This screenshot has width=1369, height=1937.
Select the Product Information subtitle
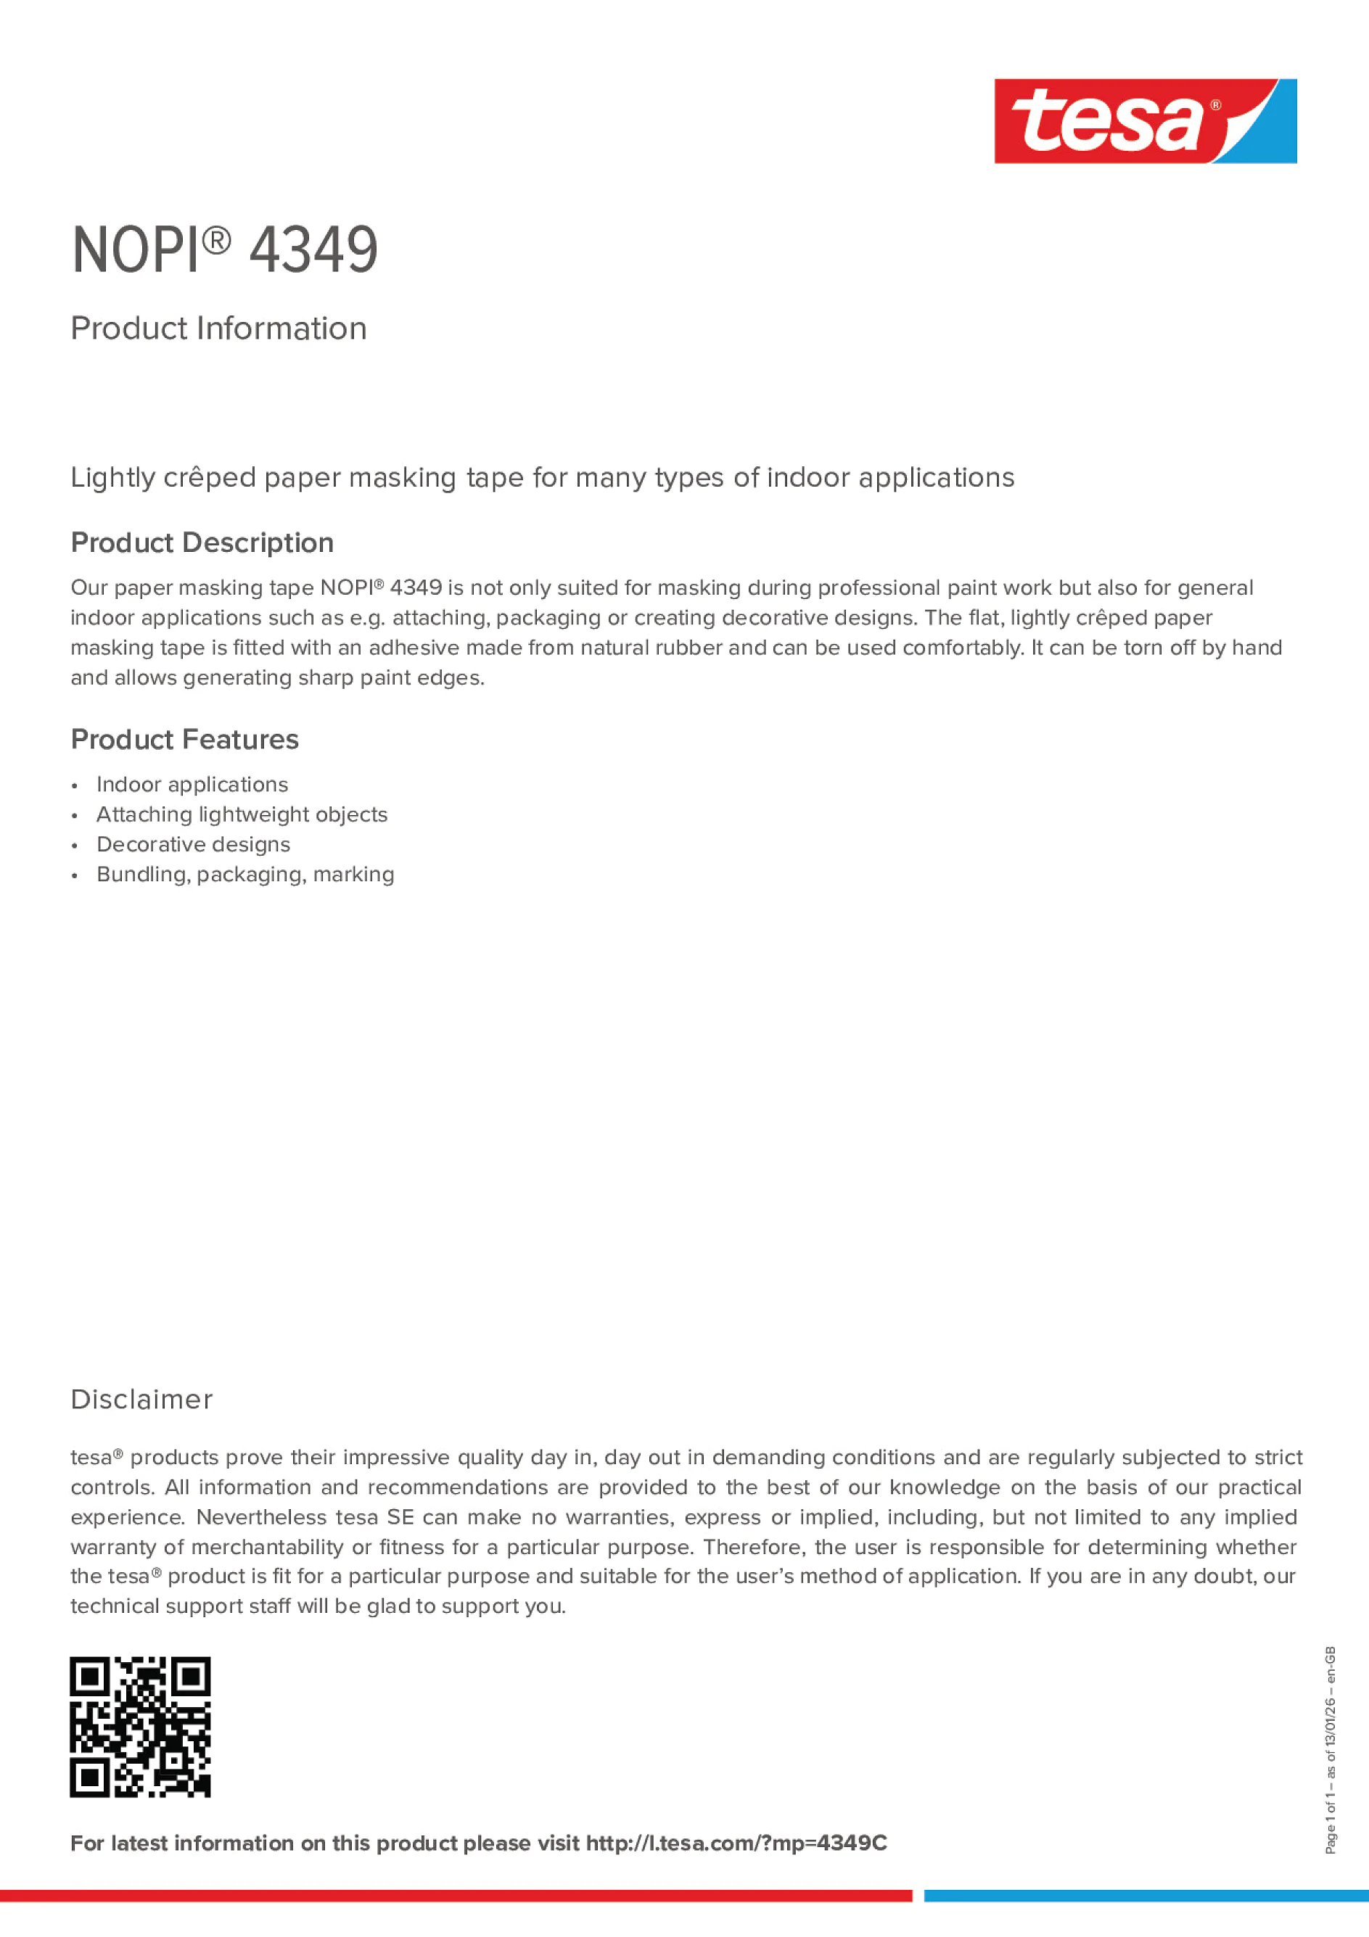coord(218,329)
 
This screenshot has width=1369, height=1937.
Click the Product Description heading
coord(202,542)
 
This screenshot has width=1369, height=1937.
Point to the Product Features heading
coord(184,739)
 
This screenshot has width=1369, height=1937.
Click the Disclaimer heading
coord(141,1399)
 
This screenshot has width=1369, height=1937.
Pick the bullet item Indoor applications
coord(192,785)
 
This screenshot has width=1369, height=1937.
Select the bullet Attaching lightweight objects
coord(242,814)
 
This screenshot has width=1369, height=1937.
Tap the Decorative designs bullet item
coord(192,844)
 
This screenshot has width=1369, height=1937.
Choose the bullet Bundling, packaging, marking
coord(244,874)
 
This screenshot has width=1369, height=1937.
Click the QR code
coord(140,1727)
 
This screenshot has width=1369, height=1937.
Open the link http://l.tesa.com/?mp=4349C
coord(736,1843)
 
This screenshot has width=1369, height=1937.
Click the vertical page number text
coord(1330,1751)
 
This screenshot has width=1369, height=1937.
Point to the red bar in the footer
coord(456,1896)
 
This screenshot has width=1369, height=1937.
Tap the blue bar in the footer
coord(1146,1896)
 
